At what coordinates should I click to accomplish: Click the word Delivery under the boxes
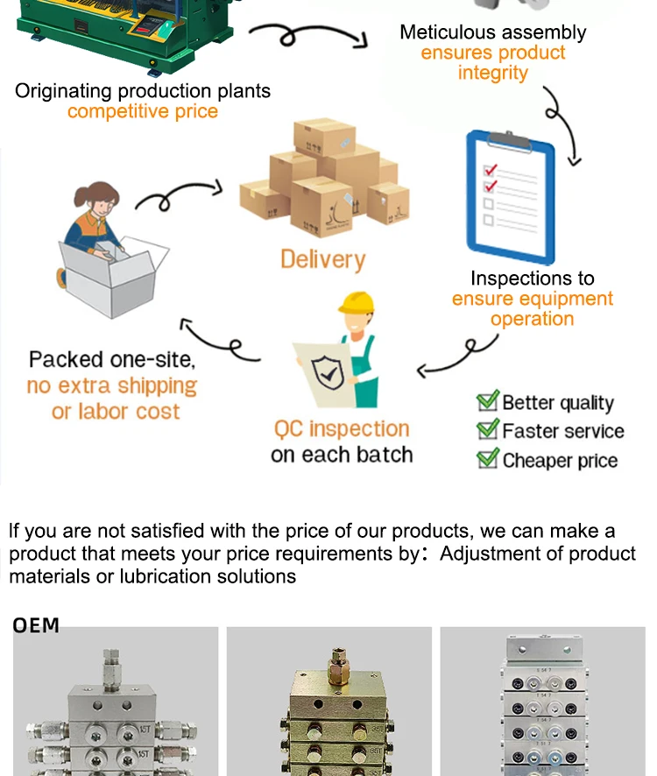coord(321,259)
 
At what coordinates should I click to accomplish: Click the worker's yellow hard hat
coord(356,303)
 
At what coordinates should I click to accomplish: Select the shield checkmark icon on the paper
coord(328,373)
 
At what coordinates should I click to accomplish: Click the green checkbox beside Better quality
coord(487,402)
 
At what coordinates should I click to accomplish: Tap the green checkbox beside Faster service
coord(487,430)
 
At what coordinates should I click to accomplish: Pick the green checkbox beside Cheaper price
coord(487,459)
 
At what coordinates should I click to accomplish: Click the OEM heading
coord(36,625)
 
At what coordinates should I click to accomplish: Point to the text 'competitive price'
coord(143,111)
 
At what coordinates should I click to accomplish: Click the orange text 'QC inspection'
coord(342,429)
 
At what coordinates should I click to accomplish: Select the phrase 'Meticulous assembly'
coord(492,32)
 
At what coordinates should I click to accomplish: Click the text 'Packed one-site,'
coord(112,359)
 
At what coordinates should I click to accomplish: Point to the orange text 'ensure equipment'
coord(532,299)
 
